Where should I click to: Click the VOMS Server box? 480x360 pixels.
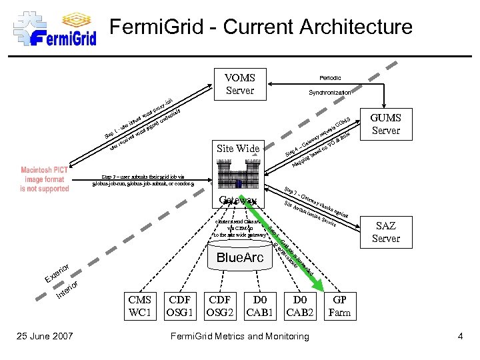coord(240,84)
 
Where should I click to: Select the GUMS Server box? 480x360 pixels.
coord(385,124)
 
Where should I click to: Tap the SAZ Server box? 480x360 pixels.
coord(385,233)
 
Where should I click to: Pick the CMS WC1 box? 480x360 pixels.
coord(139,306)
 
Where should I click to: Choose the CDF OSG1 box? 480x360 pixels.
coord(181,306)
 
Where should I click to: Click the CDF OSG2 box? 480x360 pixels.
coord(221,306)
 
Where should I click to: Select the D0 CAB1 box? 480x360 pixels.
coord(260,306)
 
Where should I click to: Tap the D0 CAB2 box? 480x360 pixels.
coord(299,306)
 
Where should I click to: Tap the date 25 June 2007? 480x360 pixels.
coord(45,336)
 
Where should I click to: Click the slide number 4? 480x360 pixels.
coord(460,336)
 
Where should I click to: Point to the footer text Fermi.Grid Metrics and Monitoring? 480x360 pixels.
coord(240,336)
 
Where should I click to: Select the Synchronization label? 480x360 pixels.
coord(329,93)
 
